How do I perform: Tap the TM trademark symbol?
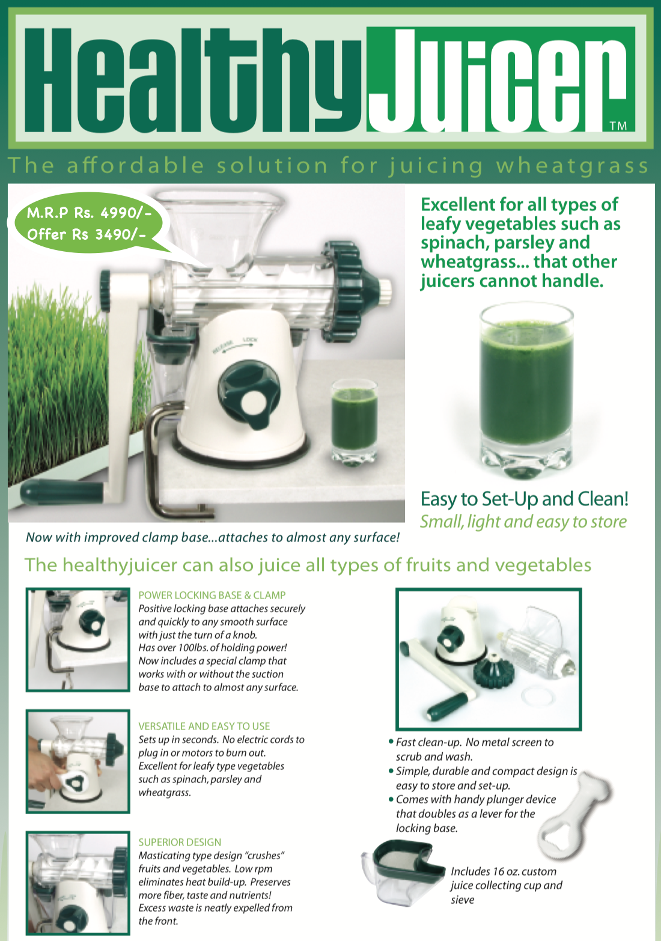[x=618, y=126]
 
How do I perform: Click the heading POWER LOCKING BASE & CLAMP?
[x=212, y=595]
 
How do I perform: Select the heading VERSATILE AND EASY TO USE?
[x=204, y=726]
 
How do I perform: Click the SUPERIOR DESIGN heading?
[x=180, y=842]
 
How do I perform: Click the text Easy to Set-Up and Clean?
[x=524, y=499]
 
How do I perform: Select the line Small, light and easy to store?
[x=523, y=522]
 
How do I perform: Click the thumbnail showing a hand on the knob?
[x=78, y=761]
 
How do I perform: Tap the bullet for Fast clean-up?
[x=391, y=743]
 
